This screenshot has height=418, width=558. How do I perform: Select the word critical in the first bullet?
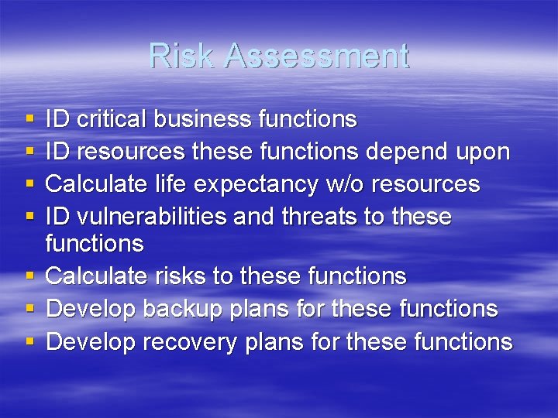(112, 119)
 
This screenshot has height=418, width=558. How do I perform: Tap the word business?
(203, 119)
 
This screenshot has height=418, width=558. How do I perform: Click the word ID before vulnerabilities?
(57, 216)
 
